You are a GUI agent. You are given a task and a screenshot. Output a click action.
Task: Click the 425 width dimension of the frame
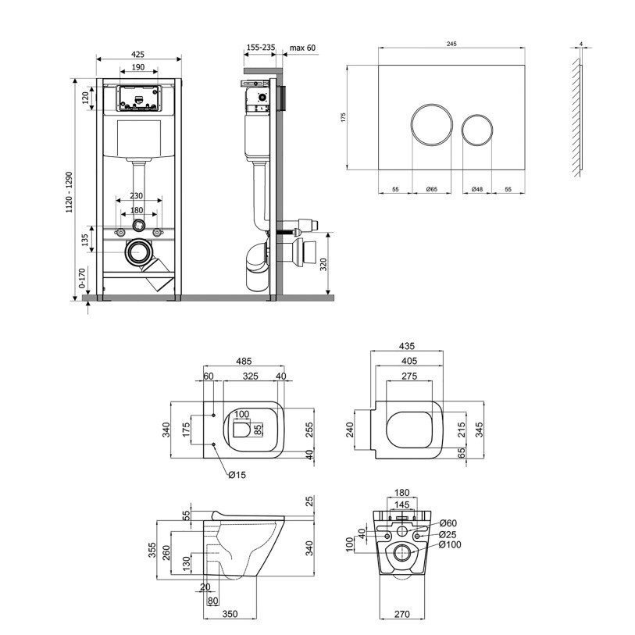(x=138, y=54)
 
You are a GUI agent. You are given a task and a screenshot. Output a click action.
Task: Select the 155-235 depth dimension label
(x=260, y=48)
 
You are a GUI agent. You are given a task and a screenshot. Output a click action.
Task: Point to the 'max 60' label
(x=302, y=48)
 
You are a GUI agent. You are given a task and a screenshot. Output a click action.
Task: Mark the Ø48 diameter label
(x=476, y=190)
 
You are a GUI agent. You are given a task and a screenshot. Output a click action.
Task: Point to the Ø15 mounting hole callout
(x=237, y=473)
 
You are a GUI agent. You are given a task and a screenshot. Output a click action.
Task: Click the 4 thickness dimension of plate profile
(x=582, y=45)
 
